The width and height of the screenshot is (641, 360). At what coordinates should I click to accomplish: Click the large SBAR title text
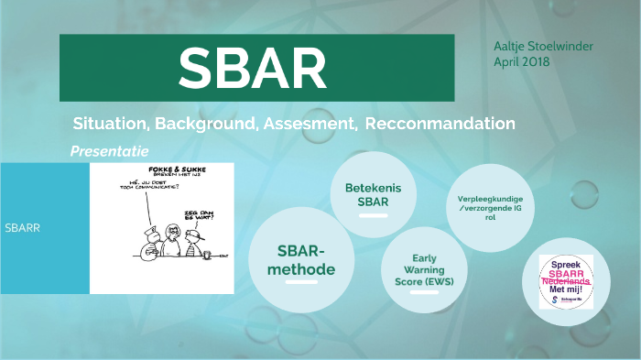tap(252, 66)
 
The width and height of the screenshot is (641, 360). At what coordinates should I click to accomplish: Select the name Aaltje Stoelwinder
tap(543, 46)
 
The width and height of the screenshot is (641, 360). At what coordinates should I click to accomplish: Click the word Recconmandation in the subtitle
tap(440, 123)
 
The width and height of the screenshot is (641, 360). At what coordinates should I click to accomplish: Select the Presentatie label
tap(109, 150)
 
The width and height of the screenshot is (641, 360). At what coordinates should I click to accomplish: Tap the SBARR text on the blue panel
tap(22, 228)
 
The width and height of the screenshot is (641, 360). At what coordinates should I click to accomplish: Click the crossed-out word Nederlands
tap(565, 282)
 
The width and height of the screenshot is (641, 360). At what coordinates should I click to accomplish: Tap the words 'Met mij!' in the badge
tap(565, 291)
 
